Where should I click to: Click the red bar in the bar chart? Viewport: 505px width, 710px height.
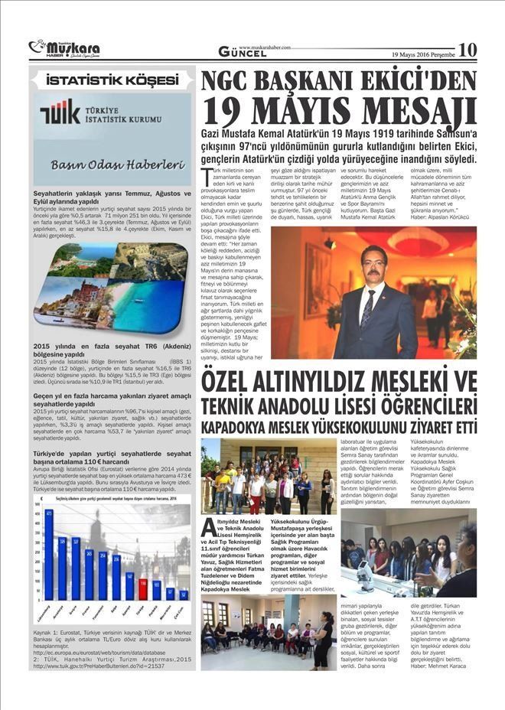coord(142,588)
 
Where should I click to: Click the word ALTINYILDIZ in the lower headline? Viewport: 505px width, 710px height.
coord(292,379)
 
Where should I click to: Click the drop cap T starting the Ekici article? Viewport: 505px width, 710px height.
coord(206,175)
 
